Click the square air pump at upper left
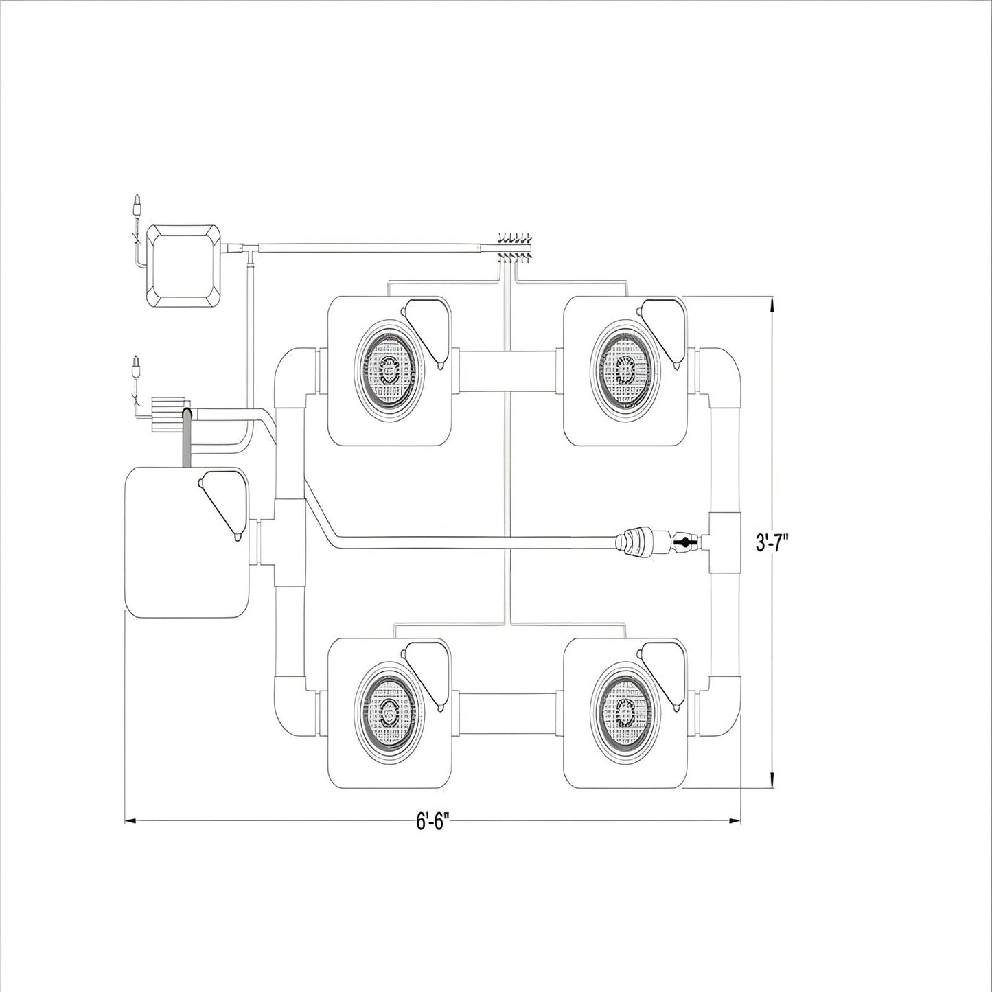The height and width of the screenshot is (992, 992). click(x=184, y=266)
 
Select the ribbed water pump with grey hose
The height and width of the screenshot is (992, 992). click(x=170, y=415)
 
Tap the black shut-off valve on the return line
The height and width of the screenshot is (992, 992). click(x=685, y=542)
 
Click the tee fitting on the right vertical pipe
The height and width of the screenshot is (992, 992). click(x=725, y=542)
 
